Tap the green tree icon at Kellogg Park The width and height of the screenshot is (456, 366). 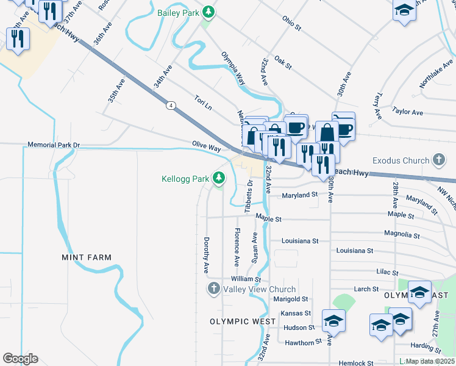pos(219,179)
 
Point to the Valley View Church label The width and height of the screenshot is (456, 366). pos(259,289)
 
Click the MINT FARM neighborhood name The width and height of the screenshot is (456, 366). pos(87,257)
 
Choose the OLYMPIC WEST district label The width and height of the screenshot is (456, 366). pos(239,321)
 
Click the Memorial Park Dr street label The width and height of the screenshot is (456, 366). pos(54,145)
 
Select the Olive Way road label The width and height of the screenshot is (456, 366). pos(206,147)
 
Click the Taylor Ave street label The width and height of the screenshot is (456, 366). pos(408,112)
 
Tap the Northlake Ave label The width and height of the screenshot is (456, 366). pos(436,73)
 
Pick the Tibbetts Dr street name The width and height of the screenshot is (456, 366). pos(249,196)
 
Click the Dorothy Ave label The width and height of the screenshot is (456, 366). pos(207,255)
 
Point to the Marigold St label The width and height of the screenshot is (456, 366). pos(290,299)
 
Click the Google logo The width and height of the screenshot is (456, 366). pos(20,359)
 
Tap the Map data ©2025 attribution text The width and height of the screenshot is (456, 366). pos(430,361)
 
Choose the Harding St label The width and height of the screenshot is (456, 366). pos(430,348)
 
